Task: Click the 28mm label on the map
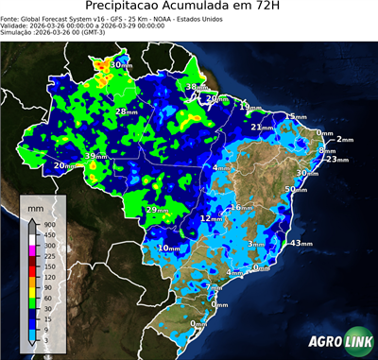point(126,112)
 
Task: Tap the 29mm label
point(157,210)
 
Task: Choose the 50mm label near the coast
point(296,190)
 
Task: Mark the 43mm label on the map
point(301,243)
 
